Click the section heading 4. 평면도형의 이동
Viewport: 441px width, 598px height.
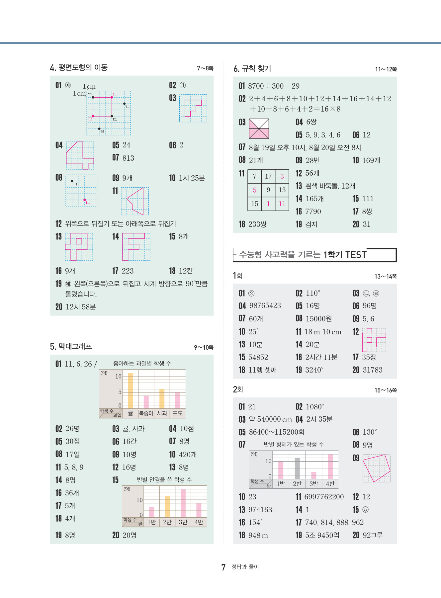[x=79, y=68]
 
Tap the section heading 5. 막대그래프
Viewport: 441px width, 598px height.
[x=71, y=347]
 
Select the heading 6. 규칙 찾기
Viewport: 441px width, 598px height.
[x=252, y=69]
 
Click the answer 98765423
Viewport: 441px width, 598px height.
[x=265, y=306]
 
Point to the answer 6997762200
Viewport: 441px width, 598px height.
[x=324, y=497]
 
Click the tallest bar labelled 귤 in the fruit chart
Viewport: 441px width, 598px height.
[x=131, y=390]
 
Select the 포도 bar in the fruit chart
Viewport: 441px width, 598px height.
[x=178, y=400]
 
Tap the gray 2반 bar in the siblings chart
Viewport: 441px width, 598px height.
[x=297, y=468]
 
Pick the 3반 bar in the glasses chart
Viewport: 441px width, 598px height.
[x=183, y=503]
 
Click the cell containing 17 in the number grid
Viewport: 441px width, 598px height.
[x=268, y=176]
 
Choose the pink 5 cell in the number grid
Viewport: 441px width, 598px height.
[x=255, y=190]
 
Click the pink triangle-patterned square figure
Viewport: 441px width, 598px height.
[x=259, y=128]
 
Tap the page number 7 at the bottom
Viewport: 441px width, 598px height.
[x=223, y=567]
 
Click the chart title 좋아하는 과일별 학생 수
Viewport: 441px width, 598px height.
[x=142, y=364]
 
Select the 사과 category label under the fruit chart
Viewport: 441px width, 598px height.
[x=162, y=413]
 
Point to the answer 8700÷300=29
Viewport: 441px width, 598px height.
[x=274, y=86]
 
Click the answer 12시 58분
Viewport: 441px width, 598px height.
[x=81, y=307]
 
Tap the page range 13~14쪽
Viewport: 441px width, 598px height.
[x=386, y=277]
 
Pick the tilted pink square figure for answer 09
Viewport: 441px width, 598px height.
[x=376, y=468]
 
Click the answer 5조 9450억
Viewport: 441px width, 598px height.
[x=322, y=535]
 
